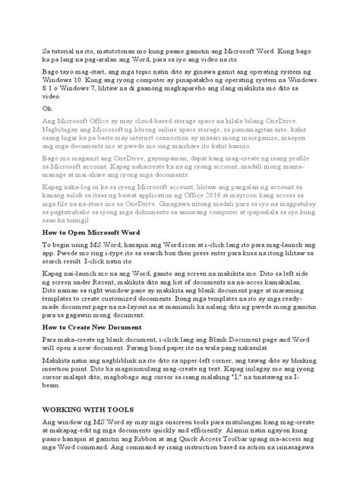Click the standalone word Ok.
46,110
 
